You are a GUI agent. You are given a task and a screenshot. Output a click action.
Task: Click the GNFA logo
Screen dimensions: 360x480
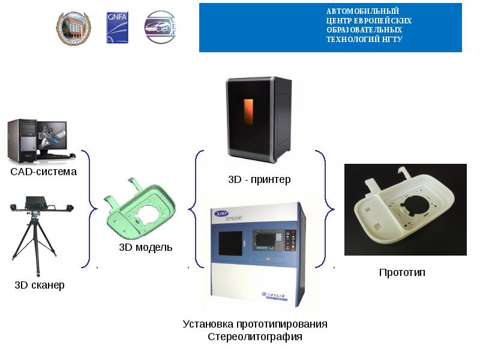(x=117, y=27)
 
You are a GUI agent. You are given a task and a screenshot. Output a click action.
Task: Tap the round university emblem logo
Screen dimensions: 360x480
(x=71, y=28)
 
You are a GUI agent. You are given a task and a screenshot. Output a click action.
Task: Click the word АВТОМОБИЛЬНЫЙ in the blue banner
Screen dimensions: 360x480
(x=362, y=11)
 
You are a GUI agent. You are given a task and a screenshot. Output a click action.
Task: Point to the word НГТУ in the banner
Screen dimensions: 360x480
(x=390, y=40)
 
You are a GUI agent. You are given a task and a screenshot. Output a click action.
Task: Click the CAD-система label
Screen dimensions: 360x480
(x=44, y=172)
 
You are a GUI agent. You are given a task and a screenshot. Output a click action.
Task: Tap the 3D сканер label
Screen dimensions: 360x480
(x=40, y=285)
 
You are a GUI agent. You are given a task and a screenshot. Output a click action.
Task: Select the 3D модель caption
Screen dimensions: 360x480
(x=146, y=247)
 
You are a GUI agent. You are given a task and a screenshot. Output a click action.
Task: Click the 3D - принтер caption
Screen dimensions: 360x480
(x=259, y=179)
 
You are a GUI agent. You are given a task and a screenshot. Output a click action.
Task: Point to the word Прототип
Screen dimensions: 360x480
(x=402, y=273)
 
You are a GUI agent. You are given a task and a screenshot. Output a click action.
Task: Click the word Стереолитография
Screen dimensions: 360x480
(x=255, y=337)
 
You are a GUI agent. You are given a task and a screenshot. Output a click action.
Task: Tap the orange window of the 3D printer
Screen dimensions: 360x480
(x=248, y=116)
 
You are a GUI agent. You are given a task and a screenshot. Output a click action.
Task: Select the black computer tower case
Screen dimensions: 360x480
(x=20, y=140)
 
